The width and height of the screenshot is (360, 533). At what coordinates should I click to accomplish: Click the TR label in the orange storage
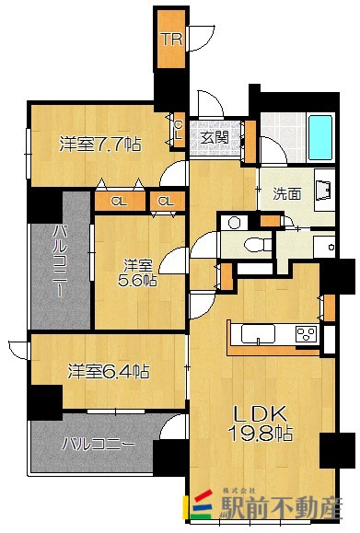coord(170,39)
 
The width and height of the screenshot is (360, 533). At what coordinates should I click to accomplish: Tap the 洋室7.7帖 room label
coord(100,144)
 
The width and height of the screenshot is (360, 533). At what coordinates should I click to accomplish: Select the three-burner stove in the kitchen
coord(305,334)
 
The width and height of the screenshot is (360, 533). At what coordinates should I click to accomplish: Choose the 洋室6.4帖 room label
coord(108,372)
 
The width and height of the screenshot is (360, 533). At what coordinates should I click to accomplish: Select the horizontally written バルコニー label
coord(99,444)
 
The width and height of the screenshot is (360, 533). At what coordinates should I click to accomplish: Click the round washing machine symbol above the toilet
coord(233,222)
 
